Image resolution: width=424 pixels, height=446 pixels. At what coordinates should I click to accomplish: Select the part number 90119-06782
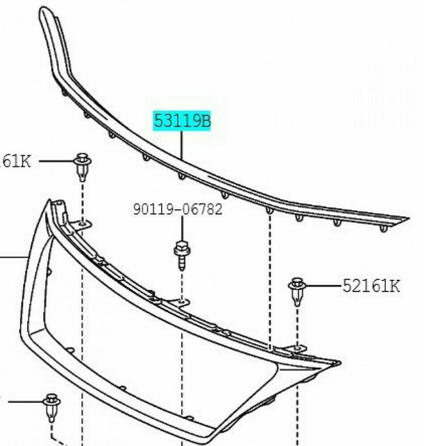[178, 209]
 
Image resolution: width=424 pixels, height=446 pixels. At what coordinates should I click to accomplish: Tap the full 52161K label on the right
[370, 286]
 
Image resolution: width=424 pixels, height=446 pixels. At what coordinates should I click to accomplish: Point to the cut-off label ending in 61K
[15, 162]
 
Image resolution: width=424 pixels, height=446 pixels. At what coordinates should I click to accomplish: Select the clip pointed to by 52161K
[298, 291]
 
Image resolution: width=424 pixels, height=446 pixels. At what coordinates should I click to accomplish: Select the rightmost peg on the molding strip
[384, 228]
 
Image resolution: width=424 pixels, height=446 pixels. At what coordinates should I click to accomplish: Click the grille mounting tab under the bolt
[181, 301]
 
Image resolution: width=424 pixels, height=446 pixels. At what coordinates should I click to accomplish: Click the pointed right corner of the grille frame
[338, 364]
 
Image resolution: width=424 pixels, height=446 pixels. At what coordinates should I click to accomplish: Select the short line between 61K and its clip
[54, 162]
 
